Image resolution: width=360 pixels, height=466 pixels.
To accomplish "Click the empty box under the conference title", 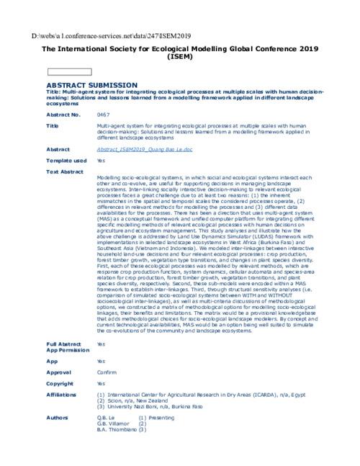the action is pyautogui.click(x=70, y=71).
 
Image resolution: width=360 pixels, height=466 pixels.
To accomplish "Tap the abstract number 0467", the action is pyautogui.click(x=103, y=115).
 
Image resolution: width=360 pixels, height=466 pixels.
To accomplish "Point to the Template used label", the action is pyautogui.click(x=66, y=161).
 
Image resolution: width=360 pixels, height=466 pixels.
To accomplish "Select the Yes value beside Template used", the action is pyautogui.click(x=101, y=161).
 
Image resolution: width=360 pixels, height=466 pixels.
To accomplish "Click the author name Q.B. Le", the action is pyautogui.click(x=106, y=418).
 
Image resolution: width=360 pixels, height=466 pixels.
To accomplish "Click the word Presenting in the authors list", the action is pyautogui.click(x=162, y=418).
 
